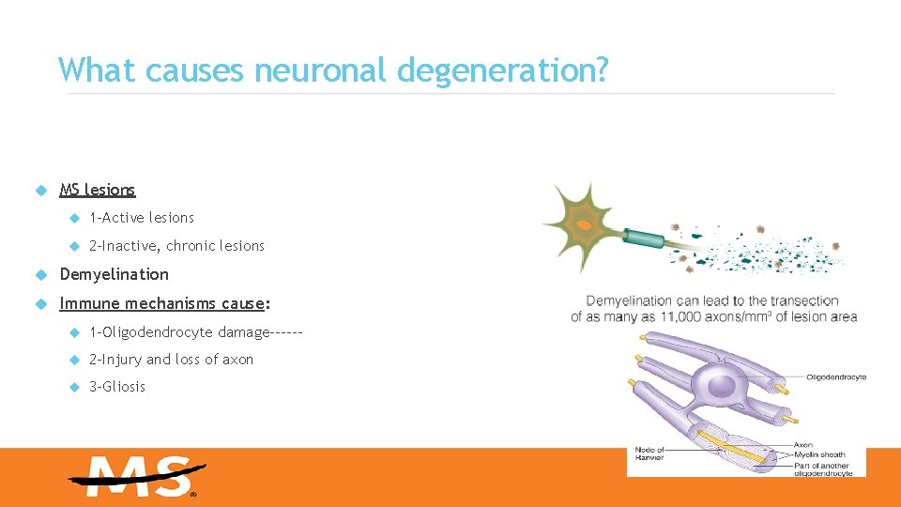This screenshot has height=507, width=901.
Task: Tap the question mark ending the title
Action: [x=601, y=69]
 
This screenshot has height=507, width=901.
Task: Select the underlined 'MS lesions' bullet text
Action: [x=98, y=190]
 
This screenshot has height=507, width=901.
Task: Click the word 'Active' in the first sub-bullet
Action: [x=123, y=218]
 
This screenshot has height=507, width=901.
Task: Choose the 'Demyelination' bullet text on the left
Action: [x=115, y=274]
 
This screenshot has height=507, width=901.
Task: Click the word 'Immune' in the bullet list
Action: [x=88, y=303]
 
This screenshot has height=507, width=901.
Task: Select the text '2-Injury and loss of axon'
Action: [x=171, y=359]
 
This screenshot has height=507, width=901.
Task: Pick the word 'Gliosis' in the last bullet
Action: [x=123, y=386]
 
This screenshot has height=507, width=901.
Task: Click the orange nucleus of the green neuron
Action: [x=584, y=225]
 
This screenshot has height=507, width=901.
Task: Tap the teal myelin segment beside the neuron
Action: [x=642, y=236]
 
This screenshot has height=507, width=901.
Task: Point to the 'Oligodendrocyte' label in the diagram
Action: [x=835, y=377]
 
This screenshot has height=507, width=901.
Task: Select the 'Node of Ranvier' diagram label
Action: [x=649, y=453]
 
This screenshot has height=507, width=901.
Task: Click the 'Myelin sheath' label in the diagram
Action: [x=819, y=454]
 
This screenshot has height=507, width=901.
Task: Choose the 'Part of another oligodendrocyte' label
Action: [x=823, y=469]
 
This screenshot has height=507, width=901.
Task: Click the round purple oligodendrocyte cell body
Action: [x=720, y=384]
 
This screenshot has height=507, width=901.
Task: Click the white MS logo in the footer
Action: [x=137, y=477]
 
